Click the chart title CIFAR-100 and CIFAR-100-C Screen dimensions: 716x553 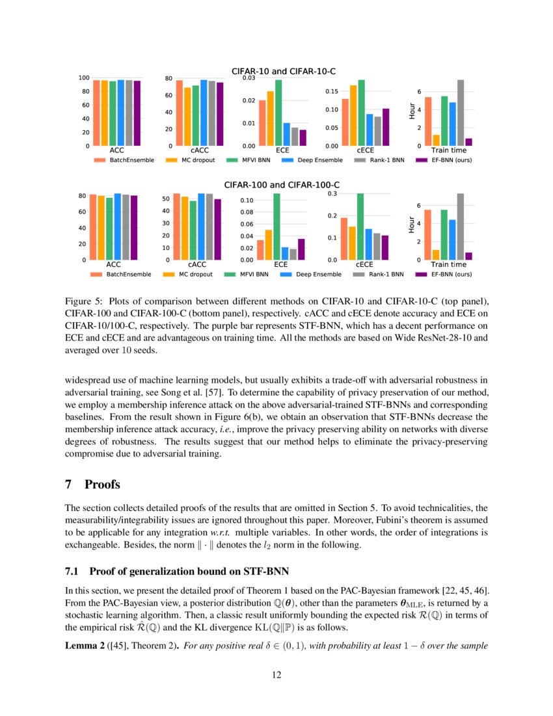[x=283, y=186]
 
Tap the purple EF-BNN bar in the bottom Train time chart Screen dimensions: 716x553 [x=468, y=256]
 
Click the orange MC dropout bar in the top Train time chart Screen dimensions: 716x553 [x=436, y=140]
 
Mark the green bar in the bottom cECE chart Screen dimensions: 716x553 [x=360, y=227]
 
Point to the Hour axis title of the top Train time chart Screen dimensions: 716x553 [x=412, y=111]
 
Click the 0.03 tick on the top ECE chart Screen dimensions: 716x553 [x=248, y=78]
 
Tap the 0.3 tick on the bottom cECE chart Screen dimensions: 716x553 [x=332, y=193]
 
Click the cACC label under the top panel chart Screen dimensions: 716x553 [x=200, y=150]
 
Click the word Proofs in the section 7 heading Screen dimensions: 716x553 [x=103, y=485]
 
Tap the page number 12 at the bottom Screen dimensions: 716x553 [x=276, y=675]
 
